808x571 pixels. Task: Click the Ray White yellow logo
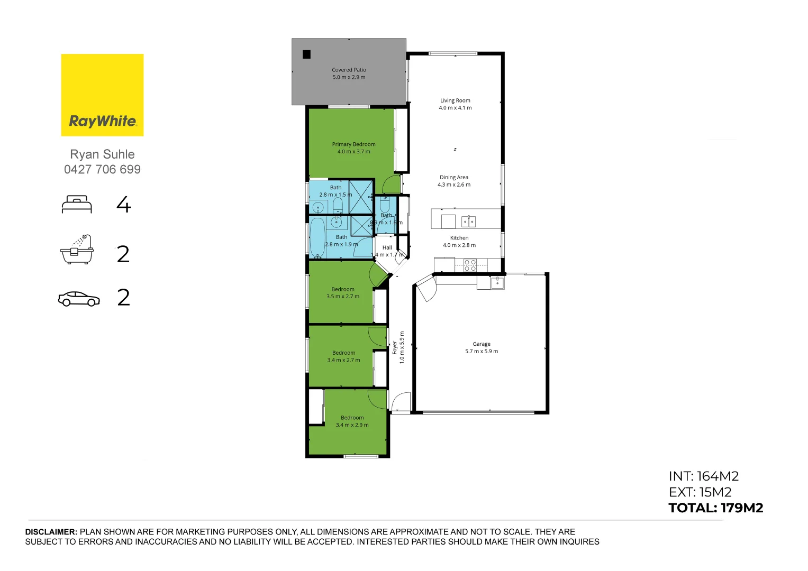pos(102,95)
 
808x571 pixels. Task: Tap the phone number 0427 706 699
pos(102,170)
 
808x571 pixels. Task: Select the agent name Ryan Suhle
pos(102,154)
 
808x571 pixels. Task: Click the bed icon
pos(77,205)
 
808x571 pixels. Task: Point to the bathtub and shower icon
pos(77,250)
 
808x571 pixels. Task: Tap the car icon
pos(79,299)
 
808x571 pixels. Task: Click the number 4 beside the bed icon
pos(123,205)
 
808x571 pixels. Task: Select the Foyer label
pos(395,347)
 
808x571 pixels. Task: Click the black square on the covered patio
pos(306,54)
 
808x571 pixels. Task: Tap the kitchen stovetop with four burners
pos(470,265)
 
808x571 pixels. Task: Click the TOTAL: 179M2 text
pos(715,508)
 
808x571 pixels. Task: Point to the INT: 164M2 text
pos(703,476)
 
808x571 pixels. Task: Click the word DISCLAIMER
pos(51,532)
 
